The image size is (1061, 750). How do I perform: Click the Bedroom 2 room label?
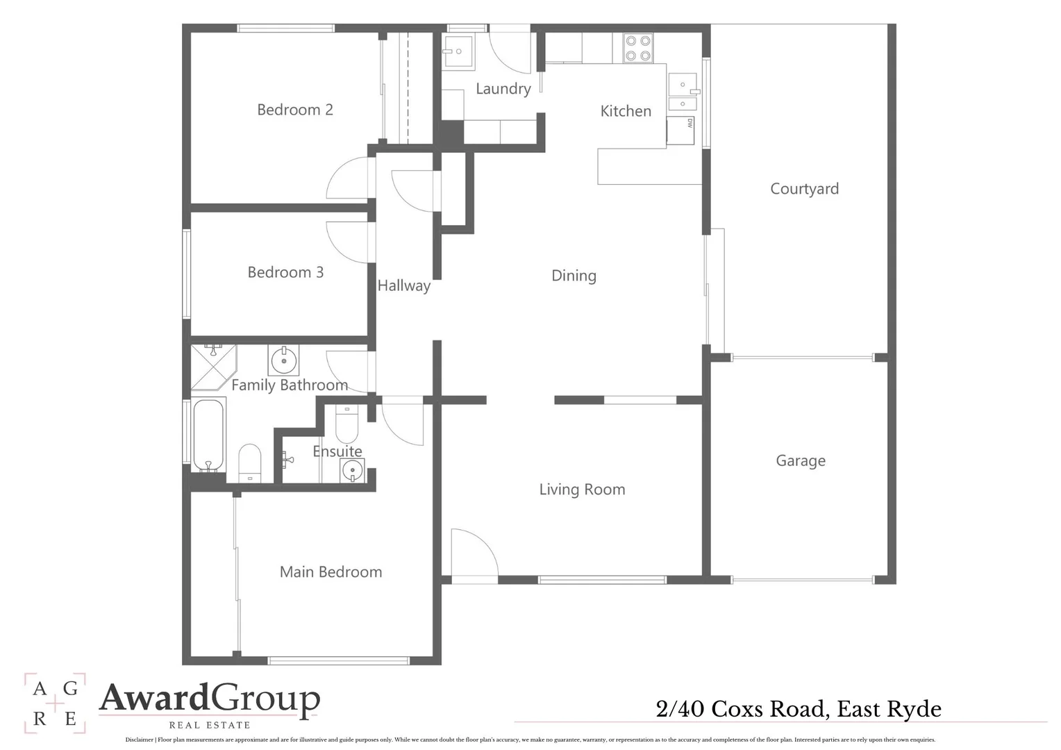click(x=294, y=110)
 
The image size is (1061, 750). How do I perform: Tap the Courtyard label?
click(x=804, y=189)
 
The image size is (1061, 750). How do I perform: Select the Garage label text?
click(x=800, y=461)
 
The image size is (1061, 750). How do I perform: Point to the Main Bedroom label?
click(x=331, y=572)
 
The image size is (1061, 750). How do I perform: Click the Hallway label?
click(x=403, y=285)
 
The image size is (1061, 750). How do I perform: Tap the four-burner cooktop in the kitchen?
click(x=637, y=48)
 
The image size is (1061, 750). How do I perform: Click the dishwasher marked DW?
click(x=680, y=130)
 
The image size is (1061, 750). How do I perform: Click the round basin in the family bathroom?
click(x=283, y=360)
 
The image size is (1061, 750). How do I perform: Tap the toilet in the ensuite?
click(x=346, y=424)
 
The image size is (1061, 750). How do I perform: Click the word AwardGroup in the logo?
click(x=209, y=699)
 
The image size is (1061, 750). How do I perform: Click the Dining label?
click(x=574, y=276)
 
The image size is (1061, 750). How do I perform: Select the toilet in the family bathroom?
click(x=249, y=461)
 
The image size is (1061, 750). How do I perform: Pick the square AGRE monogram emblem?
click(x=55, y=703)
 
